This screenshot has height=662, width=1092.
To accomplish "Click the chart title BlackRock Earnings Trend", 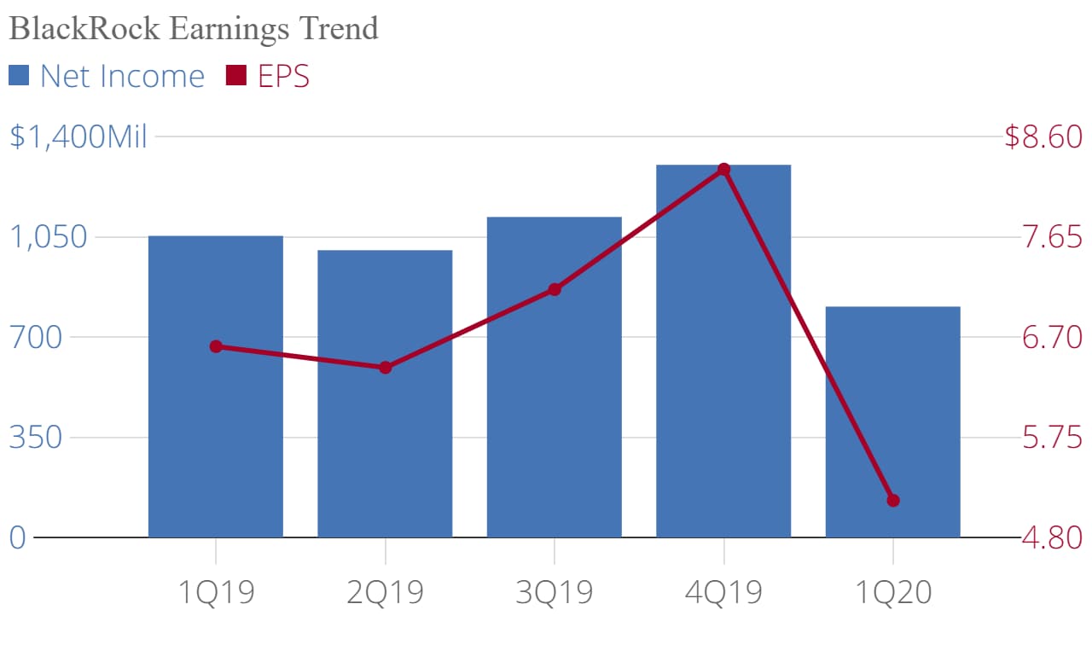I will [193, 28].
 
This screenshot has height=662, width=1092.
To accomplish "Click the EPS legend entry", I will [268, 76].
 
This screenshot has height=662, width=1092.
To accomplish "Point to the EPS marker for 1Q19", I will [216, 346].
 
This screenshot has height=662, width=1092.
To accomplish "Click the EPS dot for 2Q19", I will [385, 368].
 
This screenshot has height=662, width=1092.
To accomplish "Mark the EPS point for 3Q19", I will [555, 289].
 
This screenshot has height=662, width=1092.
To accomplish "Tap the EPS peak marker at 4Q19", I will [723, 170].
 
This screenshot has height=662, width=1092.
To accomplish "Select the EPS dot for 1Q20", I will [893, 501].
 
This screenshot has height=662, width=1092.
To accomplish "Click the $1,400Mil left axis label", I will [78, 136].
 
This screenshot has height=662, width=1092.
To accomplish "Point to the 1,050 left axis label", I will [49, 237].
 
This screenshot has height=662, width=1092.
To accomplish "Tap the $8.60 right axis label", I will [1043, 136].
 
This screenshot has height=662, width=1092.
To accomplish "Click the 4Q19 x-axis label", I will [723, 590].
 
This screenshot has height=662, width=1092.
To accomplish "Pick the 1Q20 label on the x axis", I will [893, 590].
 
